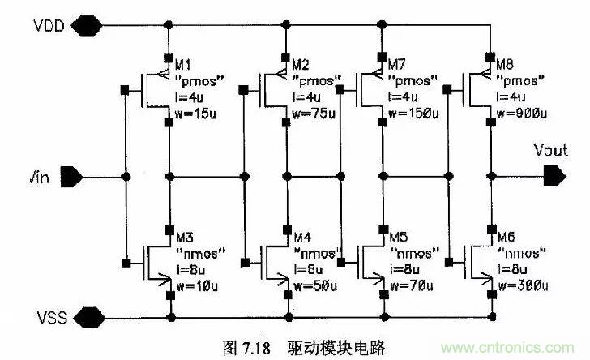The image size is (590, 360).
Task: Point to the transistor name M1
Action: (183, 65)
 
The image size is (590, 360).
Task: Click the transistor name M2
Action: (300, 64)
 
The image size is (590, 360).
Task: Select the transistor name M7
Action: (396, 64)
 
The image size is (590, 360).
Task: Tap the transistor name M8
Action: (503, 64)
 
